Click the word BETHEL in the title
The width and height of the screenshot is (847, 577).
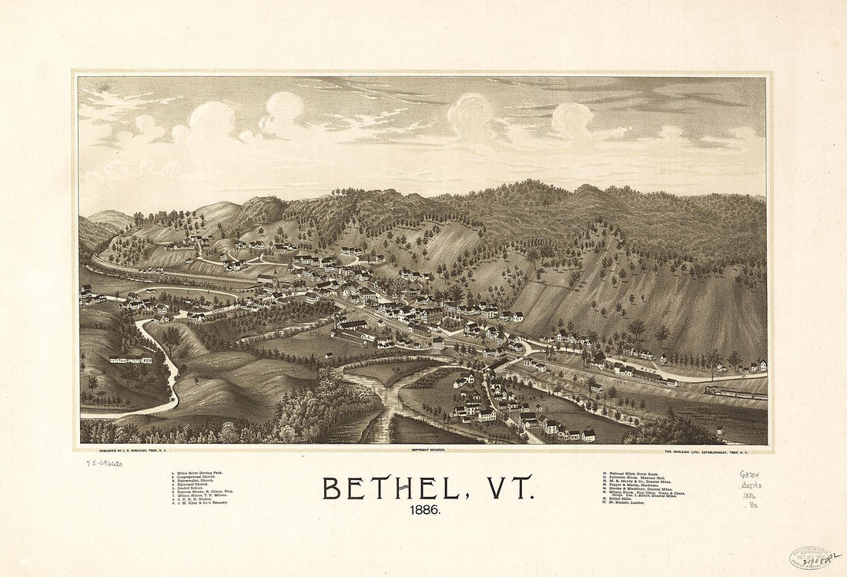pyautogui.click(x=390, y=488)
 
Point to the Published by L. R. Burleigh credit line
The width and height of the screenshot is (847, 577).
pyautogui.click(x=139, y=448)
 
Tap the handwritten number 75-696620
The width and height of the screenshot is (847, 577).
pyautogui.click(x=104, y=463)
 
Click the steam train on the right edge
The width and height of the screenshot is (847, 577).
pyautogui.click(x=735, y=394)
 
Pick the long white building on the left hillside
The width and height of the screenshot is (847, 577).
pyautogui.click(x=130, y=359)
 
